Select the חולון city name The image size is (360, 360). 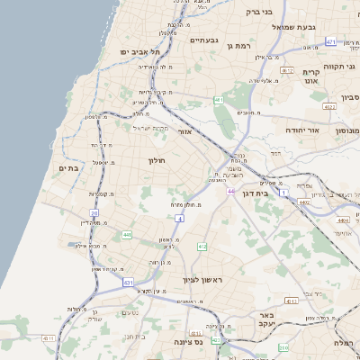pos(157,160)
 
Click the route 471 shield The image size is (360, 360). pos(331,42)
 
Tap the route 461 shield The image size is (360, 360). pos(219,100)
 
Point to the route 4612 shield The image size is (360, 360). pos(288,70)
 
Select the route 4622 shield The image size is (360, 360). pos(329,107)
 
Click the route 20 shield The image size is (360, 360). pos(94,213)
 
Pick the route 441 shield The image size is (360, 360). pos(128,235)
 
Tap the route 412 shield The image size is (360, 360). pos(202,247)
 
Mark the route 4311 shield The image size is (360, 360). pos(291,301)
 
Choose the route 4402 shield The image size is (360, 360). pos(305,202)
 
